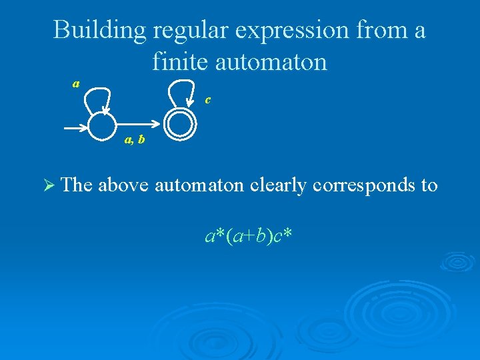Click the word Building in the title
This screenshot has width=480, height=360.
tap(99, 30)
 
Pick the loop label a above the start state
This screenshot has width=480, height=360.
tap(76, 84)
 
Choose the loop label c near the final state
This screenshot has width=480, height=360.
tap(208, 100)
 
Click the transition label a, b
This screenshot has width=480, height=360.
tap(134, 140)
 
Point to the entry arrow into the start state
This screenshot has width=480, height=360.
tap(75, 125)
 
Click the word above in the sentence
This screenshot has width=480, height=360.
tap(123, 185)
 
